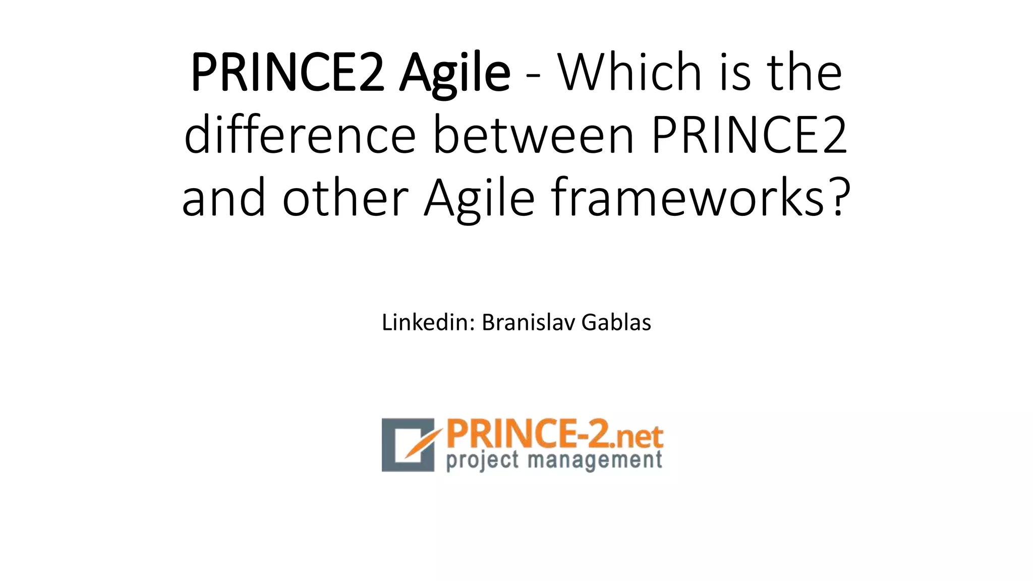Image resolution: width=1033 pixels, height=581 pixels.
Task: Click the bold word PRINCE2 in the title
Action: tap(288, 73)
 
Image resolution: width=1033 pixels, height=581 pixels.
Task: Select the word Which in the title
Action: tap(630, 73)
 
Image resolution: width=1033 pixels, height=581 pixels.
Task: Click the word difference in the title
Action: tap(300, 135)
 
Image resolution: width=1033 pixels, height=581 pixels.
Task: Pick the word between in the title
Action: tap(533, 135)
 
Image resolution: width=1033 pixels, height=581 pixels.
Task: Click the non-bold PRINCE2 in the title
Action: tap(750, 135)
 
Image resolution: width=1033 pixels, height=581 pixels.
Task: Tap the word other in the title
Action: tap(345, 198)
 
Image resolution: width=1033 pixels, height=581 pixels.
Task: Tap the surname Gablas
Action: tap(616, 322)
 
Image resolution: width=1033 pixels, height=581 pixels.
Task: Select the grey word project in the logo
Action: tap(482, 461)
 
